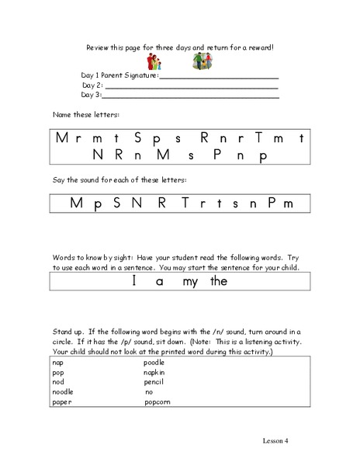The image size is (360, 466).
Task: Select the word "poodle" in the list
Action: pyautogui.click(x=156, y=362)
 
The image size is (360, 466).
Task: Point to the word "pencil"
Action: pyautogui.click(x=154, y=382)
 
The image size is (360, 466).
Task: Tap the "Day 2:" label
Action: pyautogui.click(x=92, y=85)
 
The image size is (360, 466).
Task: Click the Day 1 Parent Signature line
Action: pyautogui.click(x=219, y=78)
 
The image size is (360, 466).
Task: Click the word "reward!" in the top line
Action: pyautogui.click(x=260, y=47)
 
